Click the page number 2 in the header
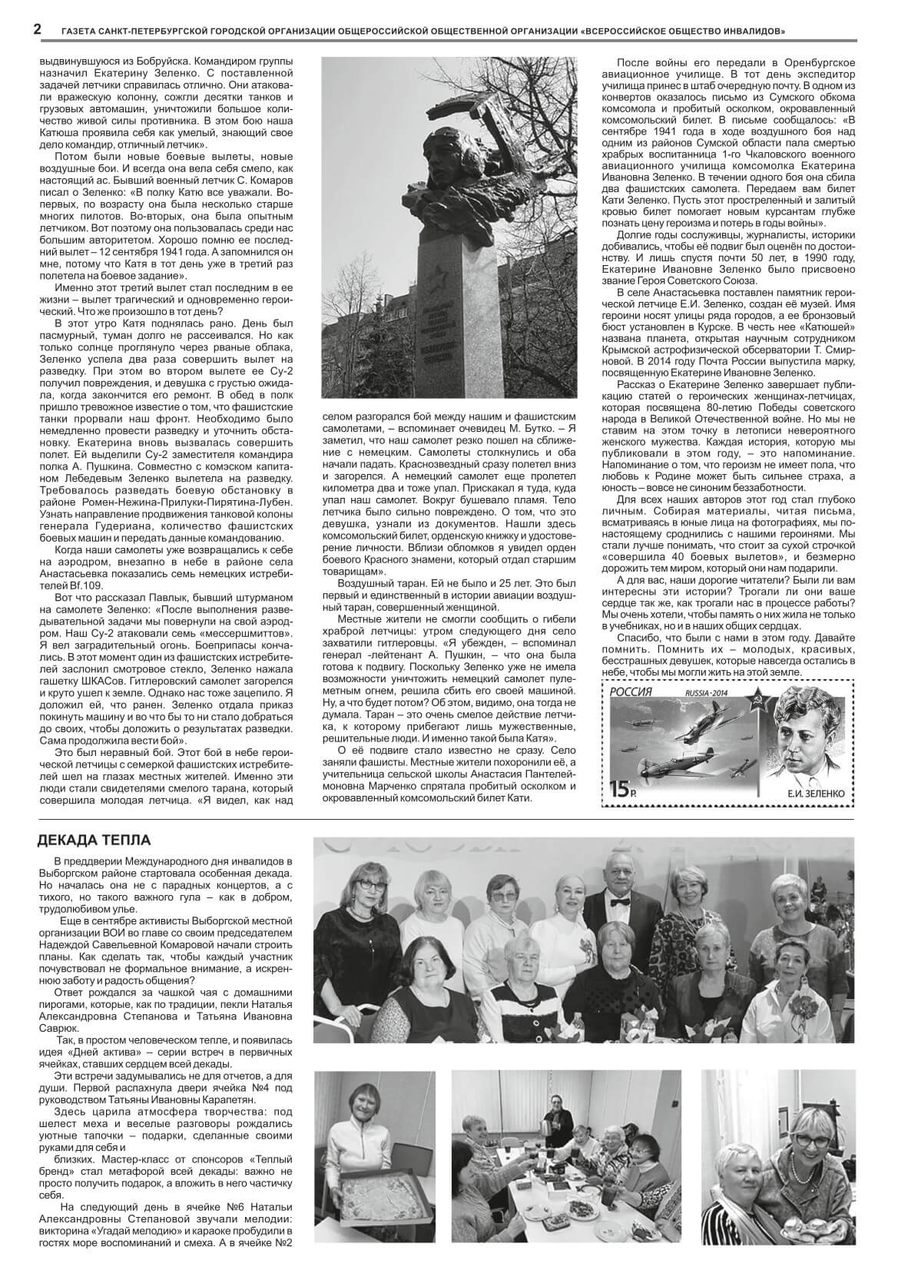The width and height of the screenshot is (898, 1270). [x=37, y=30]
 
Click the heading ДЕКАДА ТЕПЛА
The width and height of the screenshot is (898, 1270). [x=94, y=841]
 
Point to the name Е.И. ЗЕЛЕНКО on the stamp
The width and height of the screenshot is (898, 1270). [x=807, y=790]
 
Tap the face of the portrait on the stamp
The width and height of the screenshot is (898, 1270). [x=807, y=738]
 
